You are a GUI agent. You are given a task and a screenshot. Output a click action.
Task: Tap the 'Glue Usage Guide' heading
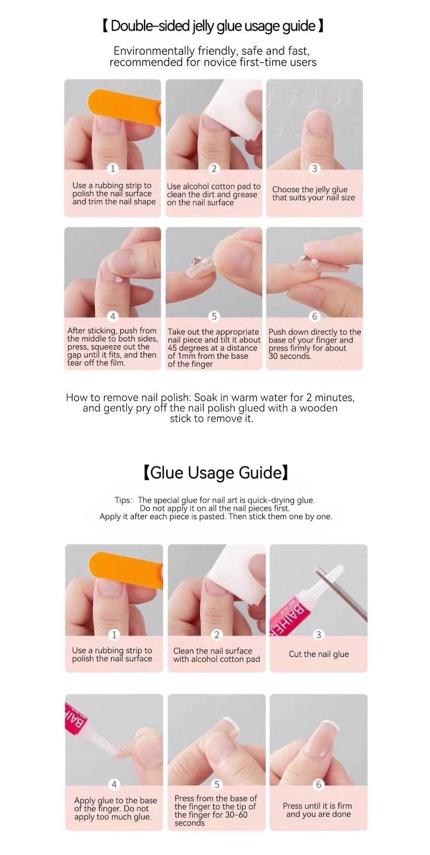tap(215, 473)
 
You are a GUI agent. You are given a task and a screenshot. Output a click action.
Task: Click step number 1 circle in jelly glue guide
tap(113, 169)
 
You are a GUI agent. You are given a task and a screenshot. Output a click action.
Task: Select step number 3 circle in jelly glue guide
tap(315, 169)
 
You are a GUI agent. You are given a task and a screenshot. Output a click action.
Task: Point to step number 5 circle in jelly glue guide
tap(214, 317)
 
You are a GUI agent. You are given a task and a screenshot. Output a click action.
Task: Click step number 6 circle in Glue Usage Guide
tap(318, 784)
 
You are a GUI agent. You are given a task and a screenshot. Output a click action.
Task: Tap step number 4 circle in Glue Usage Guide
tap(114, 784)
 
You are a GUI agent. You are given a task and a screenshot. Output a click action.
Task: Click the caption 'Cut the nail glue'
tap(318, 654)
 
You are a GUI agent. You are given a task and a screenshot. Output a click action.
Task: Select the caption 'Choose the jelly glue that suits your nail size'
tap(314, 194)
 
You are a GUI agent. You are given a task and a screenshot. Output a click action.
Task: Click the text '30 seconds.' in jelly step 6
tap(290, 357)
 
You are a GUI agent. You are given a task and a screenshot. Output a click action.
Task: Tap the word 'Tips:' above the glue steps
tap(123, 501)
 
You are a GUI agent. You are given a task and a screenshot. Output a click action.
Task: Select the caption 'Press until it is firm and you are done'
tap(318, 810)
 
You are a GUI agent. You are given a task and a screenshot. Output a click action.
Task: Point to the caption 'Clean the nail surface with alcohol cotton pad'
tap(216, 655)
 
